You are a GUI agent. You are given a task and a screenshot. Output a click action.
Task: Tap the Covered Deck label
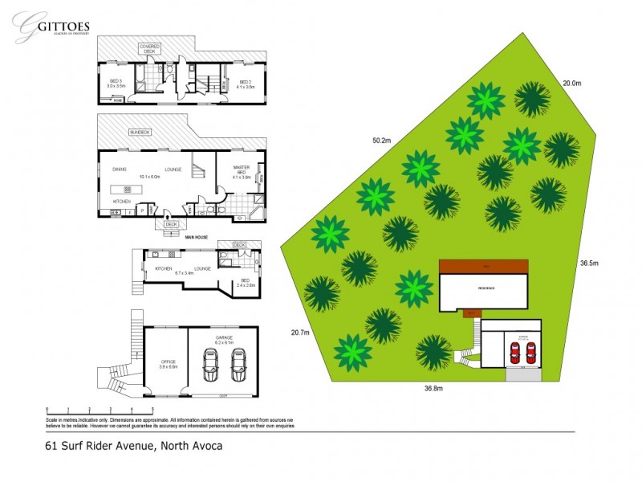(150, 49)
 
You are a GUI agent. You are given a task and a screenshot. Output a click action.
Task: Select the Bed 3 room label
(115, 84)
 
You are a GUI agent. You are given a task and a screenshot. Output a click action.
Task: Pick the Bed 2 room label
(246, 84)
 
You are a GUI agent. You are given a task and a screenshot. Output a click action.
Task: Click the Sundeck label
(140, 132)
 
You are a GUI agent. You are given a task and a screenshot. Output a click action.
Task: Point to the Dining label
(119, 169)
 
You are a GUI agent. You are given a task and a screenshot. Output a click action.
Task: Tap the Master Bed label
(242, 171)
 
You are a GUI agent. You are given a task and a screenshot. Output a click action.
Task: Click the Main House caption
(197, 238)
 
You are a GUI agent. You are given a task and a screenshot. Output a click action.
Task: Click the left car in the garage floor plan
(211, 369)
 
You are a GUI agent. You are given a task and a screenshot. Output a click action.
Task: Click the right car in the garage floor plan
(238, 369)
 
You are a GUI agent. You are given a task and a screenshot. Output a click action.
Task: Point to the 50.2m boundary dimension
(381, 141)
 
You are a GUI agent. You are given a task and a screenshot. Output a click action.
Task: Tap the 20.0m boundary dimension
(571, 83)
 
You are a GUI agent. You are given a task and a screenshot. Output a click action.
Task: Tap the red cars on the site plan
(522, 352)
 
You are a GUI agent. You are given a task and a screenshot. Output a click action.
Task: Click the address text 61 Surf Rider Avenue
(132, 445)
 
